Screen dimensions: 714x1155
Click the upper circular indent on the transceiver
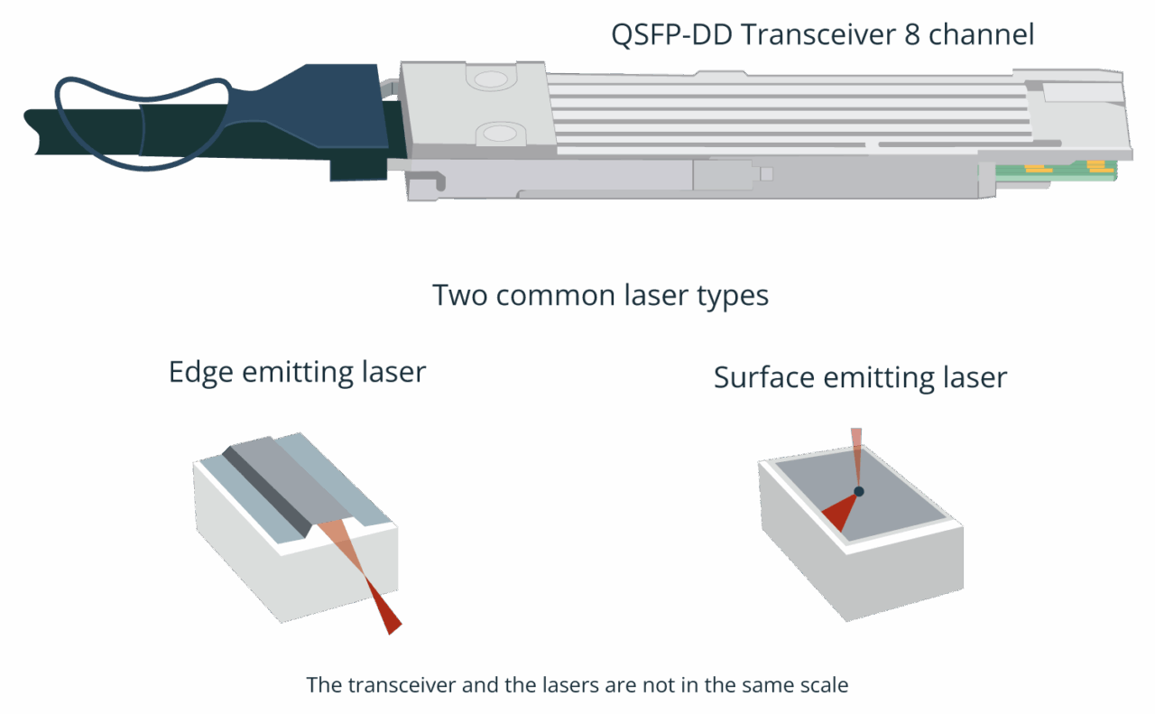coord(492,79)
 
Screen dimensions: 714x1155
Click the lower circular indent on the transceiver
coord(495,134)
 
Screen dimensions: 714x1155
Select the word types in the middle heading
coord(728,295)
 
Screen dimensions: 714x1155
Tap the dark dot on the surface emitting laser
coord(859,491)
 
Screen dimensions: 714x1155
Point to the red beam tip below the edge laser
coord(389,617)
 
